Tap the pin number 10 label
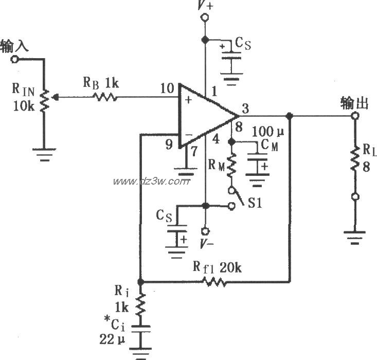tap(167, 89)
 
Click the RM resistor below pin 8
tap(231, 166)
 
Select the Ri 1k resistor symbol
tap(140, 307)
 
